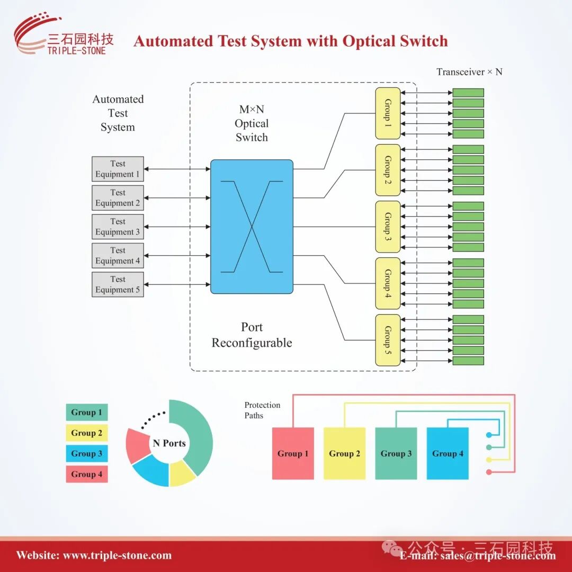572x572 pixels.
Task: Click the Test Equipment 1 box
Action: pyautogui.click(x=118, y=169)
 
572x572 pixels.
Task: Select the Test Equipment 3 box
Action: pyautogui.click(x=118, y=227)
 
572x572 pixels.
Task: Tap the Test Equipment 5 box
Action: pyautogui.click(x=118, y=284)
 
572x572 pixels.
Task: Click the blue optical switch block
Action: pyautogui.click(x=252, y=227)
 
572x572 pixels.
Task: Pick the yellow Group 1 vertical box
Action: pyautogui.click(x=388, y=113)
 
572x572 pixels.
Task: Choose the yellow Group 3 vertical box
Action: pyautogui.click(x=388, y=227)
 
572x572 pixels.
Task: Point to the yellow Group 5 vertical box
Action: pyautogui.click(x=388, y=340)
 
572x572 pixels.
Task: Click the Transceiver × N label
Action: pyautogui.click(x=469, y=72)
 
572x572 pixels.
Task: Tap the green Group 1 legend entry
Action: pyautogui.click(x=87, y=412)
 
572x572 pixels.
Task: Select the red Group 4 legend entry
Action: pyautogui.click(x=87, y=474)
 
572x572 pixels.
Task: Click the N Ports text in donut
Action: pyautogui.click(x=169, y=443)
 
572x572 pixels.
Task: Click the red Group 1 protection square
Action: pyautogui.click(x=293, y=453)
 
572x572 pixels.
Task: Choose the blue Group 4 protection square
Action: pyautogui.click(x=448, y=453)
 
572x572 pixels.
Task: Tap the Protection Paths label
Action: pyautogui.click(x=262, y=410)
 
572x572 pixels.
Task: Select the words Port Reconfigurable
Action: pyautogui.click(x=252, y=335)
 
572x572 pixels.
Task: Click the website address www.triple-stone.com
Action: pyautogui.click(x=117, y=556)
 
